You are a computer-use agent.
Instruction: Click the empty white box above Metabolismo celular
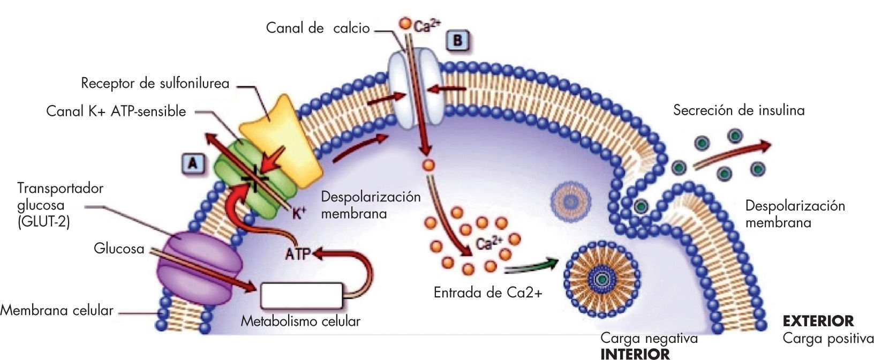point(302,296)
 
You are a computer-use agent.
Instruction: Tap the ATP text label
point(298,253)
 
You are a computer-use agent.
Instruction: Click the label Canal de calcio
point(318,28)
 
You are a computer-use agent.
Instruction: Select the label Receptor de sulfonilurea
point(155,83)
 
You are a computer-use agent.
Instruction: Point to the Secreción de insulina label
point(739,110)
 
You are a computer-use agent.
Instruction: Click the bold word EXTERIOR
point(818,321)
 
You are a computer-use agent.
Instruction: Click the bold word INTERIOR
point(635,354)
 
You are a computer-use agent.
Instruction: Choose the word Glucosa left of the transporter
point(119,249)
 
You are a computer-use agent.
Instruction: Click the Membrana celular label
point(57,310)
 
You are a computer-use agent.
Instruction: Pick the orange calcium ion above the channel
point(405,24)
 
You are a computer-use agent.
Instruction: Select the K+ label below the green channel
point(299,214)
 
